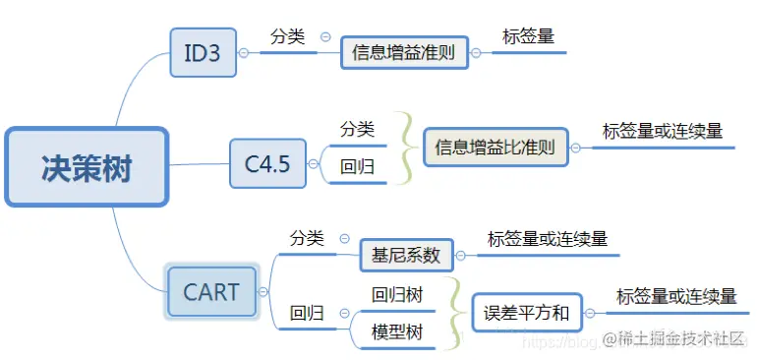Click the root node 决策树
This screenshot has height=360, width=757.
click(87, 167)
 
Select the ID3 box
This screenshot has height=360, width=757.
click(203, 52)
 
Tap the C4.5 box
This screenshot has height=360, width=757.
click(266, 164)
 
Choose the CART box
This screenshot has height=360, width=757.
click(211, 292)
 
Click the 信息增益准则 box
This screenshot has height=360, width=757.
click(403, 53)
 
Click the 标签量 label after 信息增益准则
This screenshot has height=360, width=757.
click(528, 37)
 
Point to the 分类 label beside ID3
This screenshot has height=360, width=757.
click(287, 37)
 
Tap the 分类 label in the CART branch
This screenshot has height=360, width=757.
click(306, 238)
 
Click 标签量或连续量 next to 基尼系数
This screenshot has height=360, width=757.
click(548, 239)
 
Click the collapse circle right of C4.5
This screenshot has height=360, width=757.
click(312, 164)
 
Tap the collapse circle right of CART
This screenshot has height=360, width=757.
click(262, 292)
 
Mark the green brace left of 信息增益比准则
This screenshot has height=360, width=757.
click(405, 149)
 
